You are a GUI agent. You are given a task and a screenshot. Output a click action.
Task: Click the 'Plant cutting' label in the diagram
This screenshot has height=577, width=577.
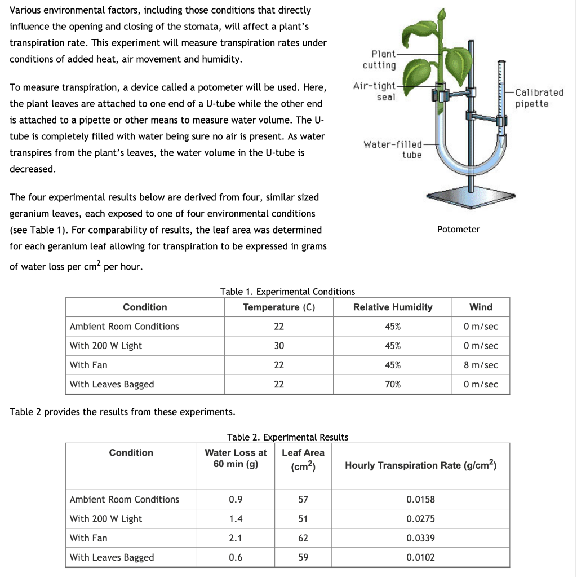(x=379, y=60)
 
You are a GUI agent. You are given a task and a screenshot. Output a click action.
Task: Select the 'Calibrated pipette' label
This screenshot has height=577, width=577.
(x=539, y=98)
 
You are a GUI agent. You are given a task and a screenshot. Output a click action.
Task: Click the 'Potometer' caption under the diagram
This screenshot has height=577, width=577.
(x=458, y=229)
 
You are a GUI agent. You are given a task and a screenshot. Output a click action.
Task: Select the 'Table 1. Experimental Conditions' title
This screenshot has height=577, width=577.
(x=287, y=292)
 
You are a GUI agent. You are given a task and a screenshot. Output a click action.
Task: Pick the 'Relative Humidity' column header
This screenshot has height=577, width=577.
(x=392, y=307)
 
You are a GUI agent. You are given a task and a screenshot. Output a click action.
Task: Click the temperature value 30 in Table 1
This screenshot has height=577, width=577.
(x=279, y=346)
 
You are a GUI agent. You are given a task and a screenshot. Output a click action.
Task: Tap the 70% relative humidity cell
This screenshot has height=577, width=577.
(x=392, y=384)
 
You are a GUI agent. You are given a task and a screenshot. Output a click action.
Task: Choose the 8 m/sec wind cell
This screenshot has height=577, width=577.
(x=481, y=365)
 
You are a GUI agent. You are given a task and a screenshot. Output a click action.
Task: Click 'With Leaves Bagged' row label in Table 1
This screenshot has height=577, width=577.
(x=112, y=384)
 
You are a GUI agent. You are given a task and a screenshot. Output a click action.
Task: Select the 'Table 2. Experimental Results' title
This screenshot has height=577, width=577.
(x=287, y=437)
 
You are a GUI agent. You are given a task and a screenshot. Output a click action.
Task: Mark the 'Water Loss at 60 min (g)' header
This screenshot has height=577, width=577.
(x=236, y=458)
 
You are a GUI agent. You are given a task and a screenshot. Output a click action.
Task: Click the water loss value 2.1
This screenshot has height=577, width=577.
(x=236, y=538)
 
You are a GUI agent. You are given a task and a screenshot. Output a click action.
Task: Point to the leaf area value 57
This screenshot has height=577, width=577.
(x=303, y=499)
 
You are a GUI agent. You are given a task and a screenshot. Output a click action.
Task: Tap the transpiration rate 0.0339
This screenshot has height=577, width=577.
(x=420, y=538)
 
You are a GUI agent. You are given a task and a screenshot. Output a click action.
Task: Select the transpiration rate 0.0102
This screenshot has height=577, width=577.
(x=420, y=557)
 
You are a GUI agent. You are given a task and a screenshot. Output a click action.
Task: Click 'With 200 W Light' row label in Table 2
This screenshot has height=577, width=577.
(x=106, y=519)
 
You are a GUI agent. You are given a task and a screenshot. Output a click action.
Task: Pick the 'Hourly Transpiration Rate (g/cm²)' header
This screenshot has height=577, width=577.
(x=420, y=465)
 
